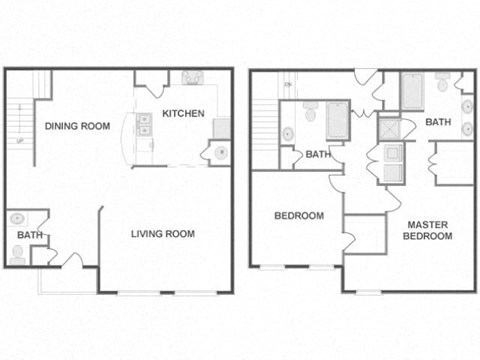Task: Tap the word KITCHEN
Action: pyautogui.click(x=183, y=113)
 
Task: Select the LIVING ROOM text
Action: pyautogui.click(x=162, y=234)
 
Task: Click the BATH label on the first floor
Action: pyautogui.click(x=29, y=235)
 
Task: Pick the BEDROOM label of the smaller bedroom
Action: pyautogui.click(x=299, y=216)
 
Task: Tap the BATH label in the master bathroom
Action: pyautogui.click(x=438, y=122)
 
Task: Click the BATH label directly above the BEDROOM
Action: pyautogui.click(x=318, y=154)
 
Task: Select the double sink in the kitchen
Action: pyautogui.click(x=145, y=124)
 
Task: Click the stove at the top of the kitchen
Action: pyautogui.click(x=190, y=77)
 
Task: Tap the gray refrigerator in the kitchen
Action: pyautogui.click(x=222, y=128)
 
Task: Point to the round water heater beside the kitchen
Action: pyautogui.click(x=220, y=152)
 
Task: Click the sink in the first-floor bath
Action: pyautogui.click(x=17, y=219)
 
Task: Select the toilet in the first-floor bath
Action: pyautogui.click(x=17, y=253)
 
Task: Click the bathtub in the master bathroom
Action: pyautogui.click(x=413, y=90)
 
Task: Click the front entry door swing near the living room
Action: pyautogui.click(x=71, y=260)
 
